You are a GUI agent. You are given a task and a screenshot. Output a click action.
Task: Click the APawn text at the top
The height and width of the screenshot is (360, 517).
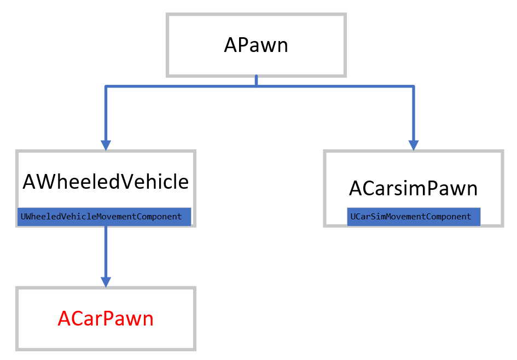coord(256,45)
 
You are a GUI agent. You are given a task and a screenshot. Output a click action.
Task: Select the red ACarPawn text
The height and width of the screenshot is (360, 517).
coord(106,318)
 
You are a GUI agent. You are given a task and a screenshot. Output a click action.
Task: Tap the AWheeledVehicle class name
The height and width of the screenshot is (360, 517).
coord(106,182)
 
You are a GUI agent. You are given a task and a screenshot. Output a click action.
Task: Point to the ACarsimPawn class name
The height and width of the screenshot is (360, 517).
coord(413,189)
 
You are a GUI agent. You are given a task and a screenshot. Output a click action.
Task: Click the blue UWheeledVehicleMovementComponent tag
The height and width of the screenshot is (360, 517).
coord(104,217)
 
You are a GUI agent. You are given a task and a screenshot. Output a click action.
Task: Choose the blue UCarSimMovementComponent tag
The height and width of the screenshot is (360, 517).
coord(414,217)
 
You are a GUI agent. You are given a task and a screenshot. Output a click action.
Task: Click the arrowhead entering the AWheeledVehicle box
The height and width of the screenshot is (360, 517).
coord(106,144)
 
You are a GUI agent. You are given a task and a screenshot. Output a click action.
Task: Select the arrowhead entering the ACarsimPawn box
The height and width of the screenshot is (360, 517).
coord(414,144)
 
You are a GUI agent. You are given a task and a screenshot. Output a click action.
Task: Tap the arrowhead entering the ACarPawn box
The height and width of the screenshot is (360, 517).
coord(106,281)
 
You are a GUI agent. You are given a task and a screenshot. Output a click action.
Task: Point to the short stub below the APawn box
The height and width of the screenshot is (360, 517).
coord(256,81)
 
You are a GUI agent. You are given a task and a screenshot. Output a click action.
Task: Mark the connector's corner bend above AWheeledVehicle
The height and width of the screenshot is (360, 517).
coord(106,86)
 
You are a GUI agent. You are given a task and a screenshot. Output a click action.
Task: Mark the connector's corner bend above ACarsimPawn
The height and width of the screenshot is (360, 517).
coord(414,86)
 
